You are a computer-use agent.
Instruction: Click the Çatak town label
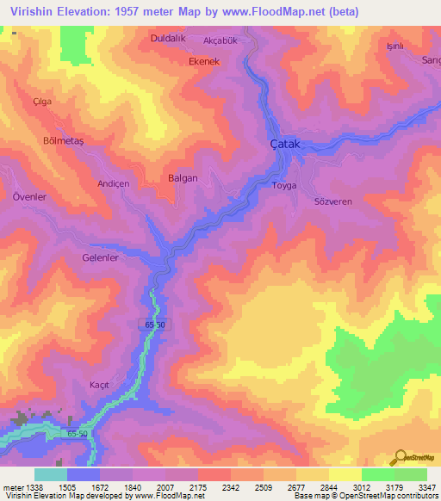[x=285, y=144]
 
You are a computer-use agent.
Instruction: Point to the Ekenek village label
[x=205, y=62]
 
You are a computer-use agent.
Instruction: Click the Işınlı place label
[x=395, y=46]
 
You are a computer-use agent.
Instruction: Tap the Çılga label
[x=42, y=101]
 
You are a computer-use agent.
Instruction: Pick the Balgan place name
[x=182, y=178]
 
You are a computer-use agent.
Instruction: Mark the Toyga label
[x=284, y=185]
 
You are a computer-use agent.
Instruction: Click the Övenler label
[x=28, y=196]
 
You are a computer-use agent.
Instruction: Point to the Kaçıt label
[x=100, y=385]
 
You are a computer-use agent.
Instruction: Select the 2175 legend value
[x=197, y=486]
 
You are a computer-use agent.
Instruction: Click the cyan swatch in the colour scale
[x=51, y=474]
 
